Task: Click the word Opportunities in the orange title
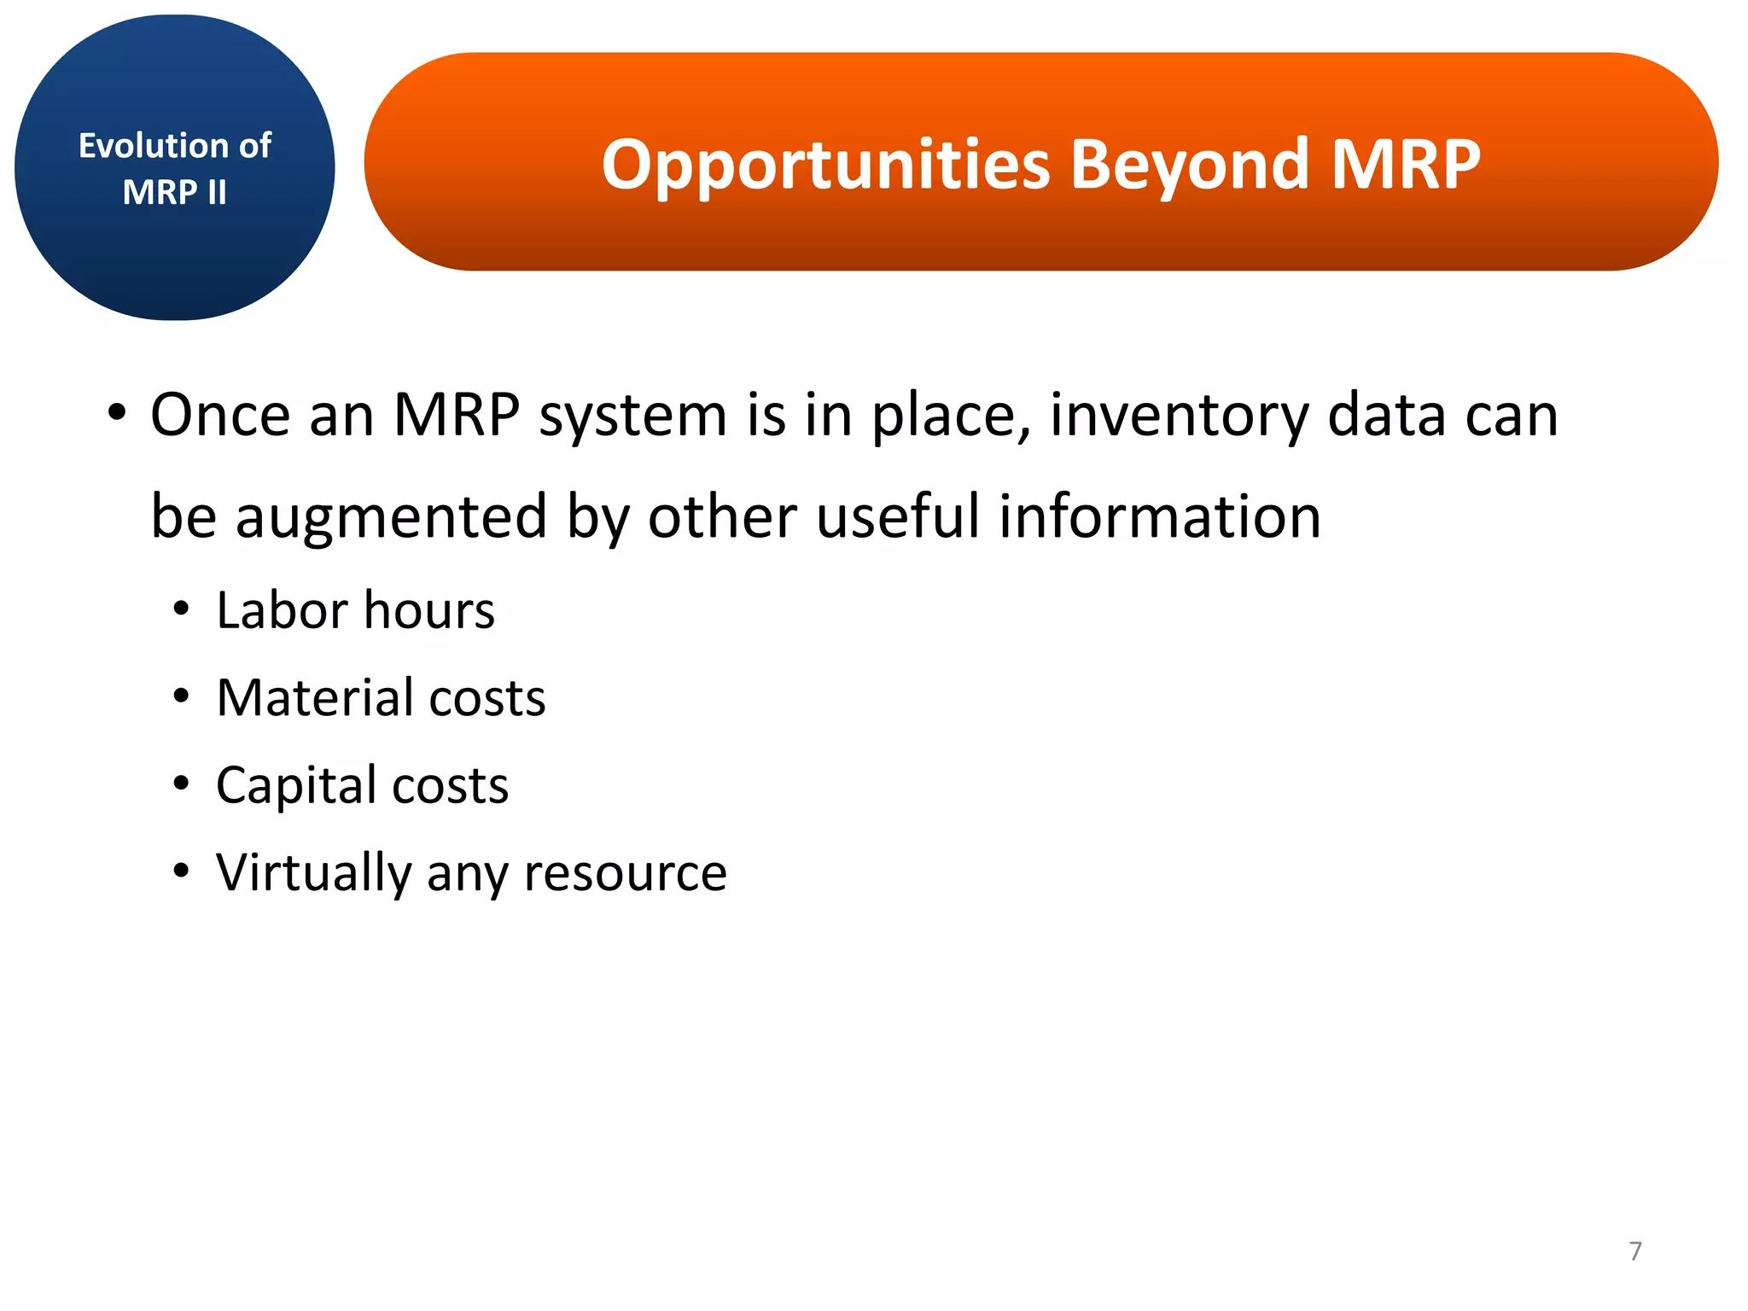(x=824, y=164)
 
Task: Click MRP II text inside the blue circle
(x=174, y=192)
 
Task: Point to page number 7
(x=1634, y=1250)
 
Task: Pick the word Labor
(x=282, y=610)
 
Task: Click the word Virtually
(x=313, y=872)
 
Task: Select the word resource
(x=625, y=872)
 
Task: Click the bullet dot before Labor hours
(x=180, y=611)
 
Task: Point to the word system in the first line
(x=632, y=415)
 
